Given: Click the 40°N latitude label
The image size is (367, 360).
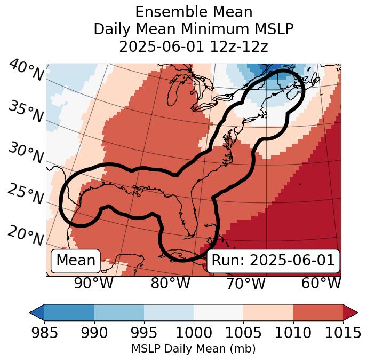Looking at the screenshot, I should click(x=26, y=71).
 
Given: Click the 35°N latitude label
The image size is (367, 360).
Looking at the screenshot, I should click(x=26, y=111).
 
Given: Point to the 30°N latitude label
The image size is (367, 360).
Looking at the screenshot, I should click(x=26, y=153).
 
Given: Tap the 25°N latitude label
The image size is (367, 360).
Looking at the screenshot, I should click(x=26, y=194).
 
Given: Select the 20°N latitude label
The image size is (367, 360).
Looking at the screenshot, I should click(x=26, y=236).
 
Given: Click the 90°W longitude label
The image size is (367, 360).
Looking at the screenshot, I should click(x=93, y=283).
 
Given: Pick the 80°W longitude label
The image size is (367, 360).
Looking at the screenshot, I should click(x=171, y=283).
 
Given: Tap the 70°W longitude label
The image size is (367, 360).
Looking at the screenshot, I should click(x=246, y=283).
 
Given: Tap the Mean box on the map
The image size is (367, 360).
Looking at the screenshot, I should click(x=76, y=261).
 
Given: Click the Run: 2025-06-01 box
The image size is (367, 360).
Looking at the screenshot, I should click(x=273, y=261).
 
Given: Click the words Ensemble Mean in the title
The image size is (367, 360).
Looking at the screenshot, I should click(x=193, y=12).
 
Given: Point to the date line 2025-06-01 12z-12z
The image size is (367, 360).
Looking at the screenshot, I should click(x=193, y=46).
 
